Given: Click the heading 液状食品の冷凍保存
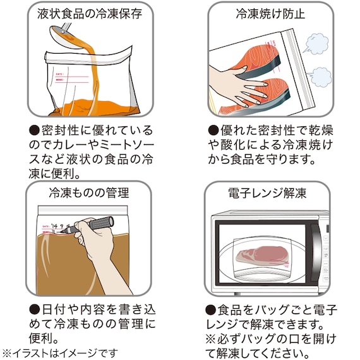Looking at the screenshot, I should (x=90, y=13).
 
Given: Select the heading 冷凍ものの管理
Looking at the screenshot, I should (x=89, y=192).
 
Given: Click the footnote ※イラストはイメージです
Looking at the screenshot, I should (x=60, y=352).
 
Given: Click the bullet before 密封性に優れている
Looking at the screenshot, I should (x=36, y=130).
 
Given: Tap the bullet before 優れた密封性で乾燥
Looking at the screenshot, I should (x=212, y=130).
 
